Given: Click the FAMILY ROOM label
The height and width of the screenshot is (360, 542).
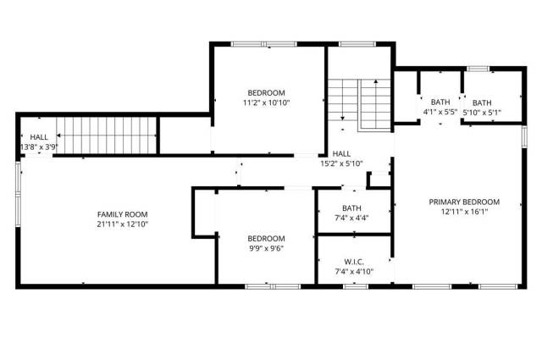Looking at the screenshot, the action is pos(122,214).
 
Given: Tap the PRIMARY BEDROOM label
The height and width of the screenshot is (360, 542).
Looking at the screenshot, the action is pos(464,202).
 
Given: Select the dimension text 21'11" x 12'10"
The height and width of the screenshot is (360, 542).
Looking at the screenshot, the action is pos(122,224).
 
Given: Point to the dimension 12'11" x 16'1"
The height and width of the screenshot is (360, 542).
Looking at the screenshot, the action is pos(464,212).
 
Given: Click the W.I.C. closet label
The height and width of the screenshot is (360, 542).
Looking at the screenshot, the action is pos(354,262).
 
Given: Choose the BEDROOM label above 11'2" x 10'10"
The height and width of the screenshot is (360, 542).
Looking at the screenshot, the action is pos(266,93).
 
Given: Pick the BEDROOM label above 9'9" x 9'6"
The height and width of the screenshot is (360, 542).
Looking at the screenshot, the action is pos(266,239).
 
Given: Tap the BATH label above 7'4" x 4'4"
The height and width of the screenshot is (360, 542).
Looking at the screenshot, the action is pos(351,208).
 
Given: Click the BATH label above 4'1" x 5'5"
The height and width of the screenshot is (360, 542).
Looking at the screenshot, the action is pos(440,102).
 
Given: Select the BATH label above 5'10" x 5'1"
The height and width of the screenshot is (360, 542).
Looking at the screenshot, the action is pos(482,102).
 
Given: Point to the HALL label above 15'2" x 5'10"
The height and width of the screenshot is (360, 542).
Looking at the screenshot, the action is pos(341,154).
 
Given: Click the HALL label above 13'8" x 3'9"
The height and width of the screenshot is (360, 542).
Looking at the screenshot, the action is pos(39,137).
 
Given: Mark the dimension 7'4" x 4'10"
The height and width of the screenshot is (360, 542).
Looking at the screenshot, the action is pos(354,272).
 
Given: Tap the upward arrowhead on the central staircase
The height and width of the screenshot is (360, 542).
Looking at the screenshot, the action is pos(376,81).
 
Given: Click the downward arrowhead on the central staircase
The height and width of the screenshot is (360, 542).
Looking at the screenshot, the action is pos(342,119).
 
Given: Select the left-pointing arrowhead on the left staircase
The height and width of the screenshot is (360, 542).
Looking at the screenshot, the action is pos(58,136).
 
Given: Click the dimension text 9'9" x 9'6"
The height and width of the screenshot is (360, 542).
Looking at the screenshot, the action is pos(266,248).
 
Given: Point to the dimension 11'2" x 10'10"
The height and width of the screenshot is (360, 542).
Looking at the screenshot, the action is pos(266,102).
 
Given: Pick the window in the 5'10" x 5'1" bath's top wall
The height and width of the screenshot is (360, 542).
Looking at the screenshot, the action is pos(478,69).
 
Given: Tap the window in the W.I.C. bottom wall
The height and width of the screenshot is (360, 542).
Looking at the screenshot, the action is pos(356,286).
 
